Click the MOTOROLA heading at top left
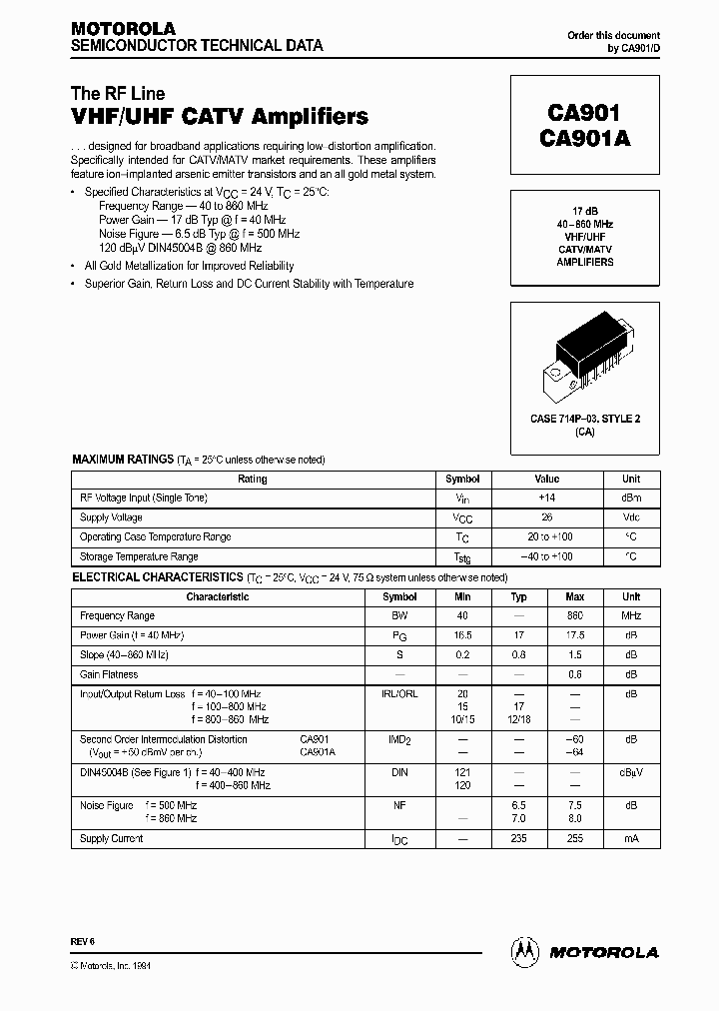122,28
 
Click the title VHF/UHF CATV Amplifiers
220,117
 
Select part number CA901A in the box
584,141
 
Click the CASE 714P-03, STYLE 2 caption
584,419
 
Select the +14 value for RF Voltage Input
547,498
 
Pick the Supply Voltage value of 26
547,517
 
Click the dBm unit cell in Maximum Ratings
631,498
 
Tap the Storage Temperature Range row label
139,556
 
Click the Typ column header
519,596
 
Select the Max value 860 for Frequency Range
575,616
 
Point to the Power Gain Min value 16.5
462,635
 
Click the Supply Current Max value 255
575,839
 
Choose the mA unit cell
631,839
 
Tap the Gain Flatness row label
109,674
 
